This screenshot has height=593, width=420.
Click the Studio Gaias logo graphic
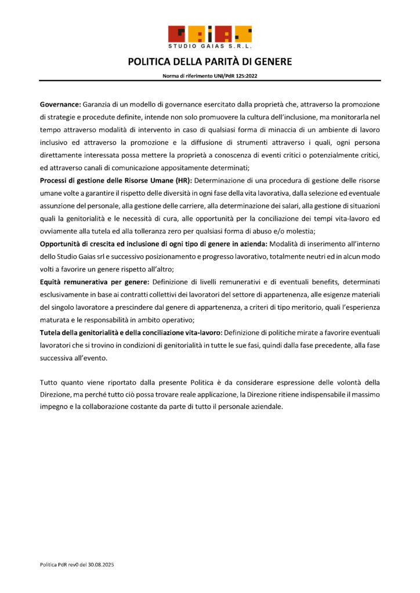(x=210, y=34)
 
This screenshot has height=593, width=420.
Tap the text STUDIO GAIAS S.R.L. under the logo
(x=210, y=46)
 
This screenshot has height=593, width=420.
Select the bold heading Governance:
(x=60, y=104)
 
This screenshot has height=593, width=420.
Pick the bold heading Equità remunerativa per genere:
(x=95, y=282)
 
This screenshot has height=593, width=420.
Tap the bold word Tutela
(x=53, y=332)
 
